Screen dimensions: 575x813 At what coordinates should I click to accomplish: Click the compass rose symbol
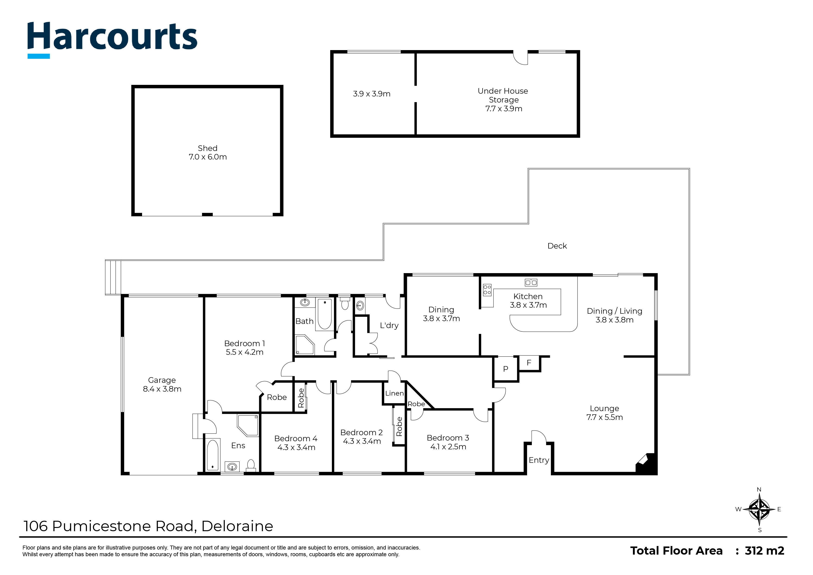click(759, 509)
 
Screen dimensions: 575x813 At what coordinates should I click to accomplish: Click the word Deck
click(557, 246)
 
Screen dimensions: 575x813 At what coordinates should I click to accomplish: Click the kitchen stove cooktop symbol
click(487, 290)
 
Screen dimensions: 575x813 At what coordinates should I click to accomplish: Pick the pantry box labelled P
click(506, 369)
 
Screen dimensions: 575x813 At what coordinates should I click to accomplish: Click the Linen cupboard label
click(394, 393)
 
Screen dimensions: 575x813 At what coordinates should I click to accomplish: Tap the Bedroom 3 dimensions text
click(448, 447)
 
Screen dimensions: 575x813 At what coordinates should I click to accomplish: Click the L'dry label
click(389, 325)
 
